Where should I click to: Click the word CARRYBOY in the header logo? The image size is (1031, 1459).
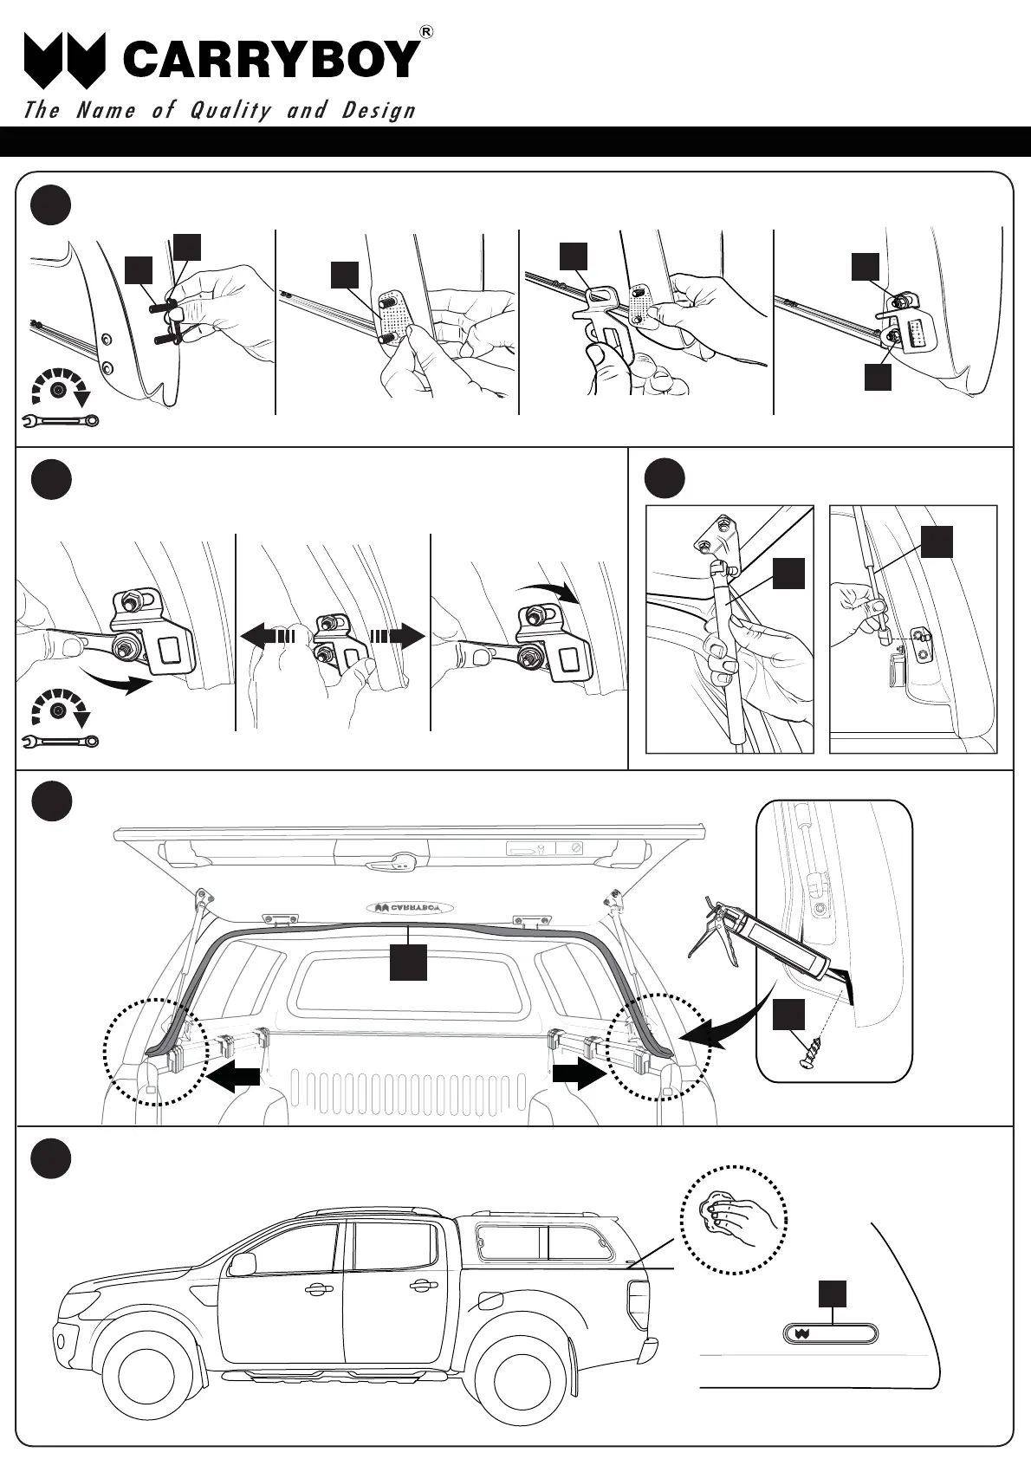pyautogui.click(x=271, y=59)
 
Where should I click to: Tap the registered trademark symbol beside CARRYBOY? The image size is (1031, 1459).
pyautogui.click(x=425, y=32)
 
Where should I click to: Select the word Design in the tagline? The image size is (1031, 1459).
pyautogui.click(x=379, y=111)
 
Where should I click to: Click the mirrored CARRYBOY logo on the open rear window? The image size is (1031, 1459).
pyautogui.click(x=413, y=908)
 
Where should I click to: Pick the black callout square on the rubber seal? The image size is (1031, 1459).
pyautogui.click(x=408, y=963)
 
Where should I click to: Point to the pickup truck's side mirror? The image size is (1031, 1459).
pyautogui.click(x=243, y=1263)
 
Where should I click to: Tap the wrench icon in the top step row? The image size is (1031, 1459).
pyautogui.click(x=59, y=421)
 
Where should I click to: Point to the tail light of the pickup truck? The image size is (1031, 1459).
pyautogui.click(x=636, y=1296)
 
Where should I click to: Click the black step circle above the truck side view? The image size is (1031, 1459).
pyautogui.click(x=50, y=1158)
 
